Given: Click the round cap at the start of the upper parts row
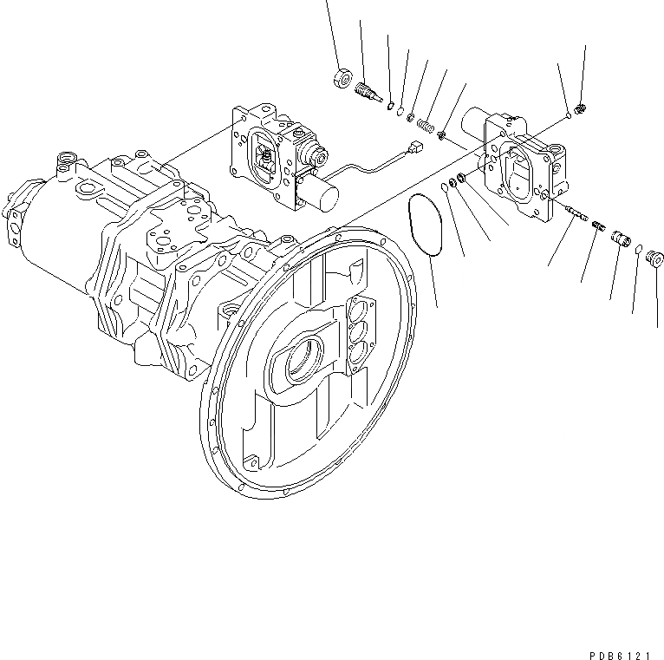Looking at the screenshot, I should coord(341,79).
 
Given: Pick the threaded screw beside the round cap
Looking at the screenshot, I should coord(368,91).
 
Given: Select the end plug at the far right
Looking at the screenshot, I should coord(655,258).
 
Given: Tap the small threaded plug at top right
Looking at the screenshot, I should coord(581,108).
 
